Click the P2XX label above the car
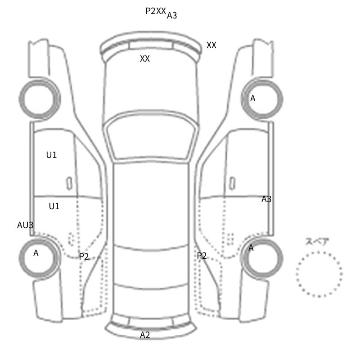pos(156,11)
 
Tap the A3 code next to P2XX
pos(172,15)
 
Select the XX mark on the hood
pos(145,58)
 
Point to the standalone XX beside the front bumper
pos(211,45)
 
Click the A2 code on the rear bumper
pos(145,335)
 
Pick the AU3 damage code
pos(25,225)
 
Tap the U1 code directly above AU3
pos(54,206)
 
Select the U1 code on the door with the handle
pos(51,155)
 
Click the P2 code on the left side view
pos(84,256)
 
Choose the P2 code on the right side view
pos(202,256)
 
